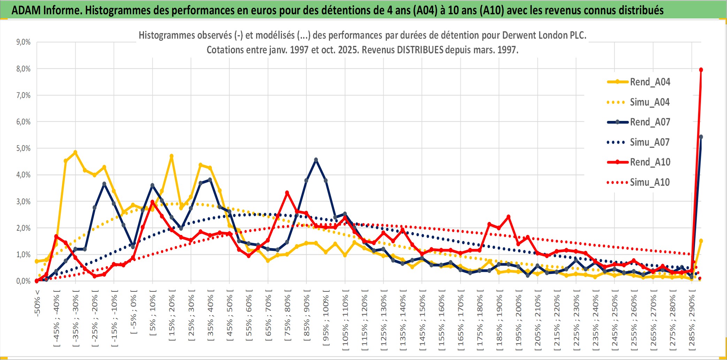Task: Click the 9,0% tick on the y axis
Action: tap(23, 42)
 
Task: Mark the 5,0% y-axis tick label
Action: tap(23, 148)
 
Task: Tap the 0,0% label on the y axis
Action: tap(23, 281)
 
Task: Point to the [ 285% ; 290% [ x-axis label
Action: tap(692, 321)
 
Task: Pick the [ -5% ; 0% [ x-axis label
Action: tap(133, 312)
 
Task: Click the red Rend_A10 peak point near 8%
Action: tap(701, 70)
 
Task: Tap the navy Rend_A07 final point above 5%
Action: tap(701, 137)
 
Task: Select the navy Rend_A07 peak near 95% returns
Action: tap(316, 160)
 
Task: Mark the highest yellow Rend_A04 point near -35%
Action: tap(75, 152)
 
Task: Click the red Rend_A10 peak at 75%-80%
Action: tap(287, 192)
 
